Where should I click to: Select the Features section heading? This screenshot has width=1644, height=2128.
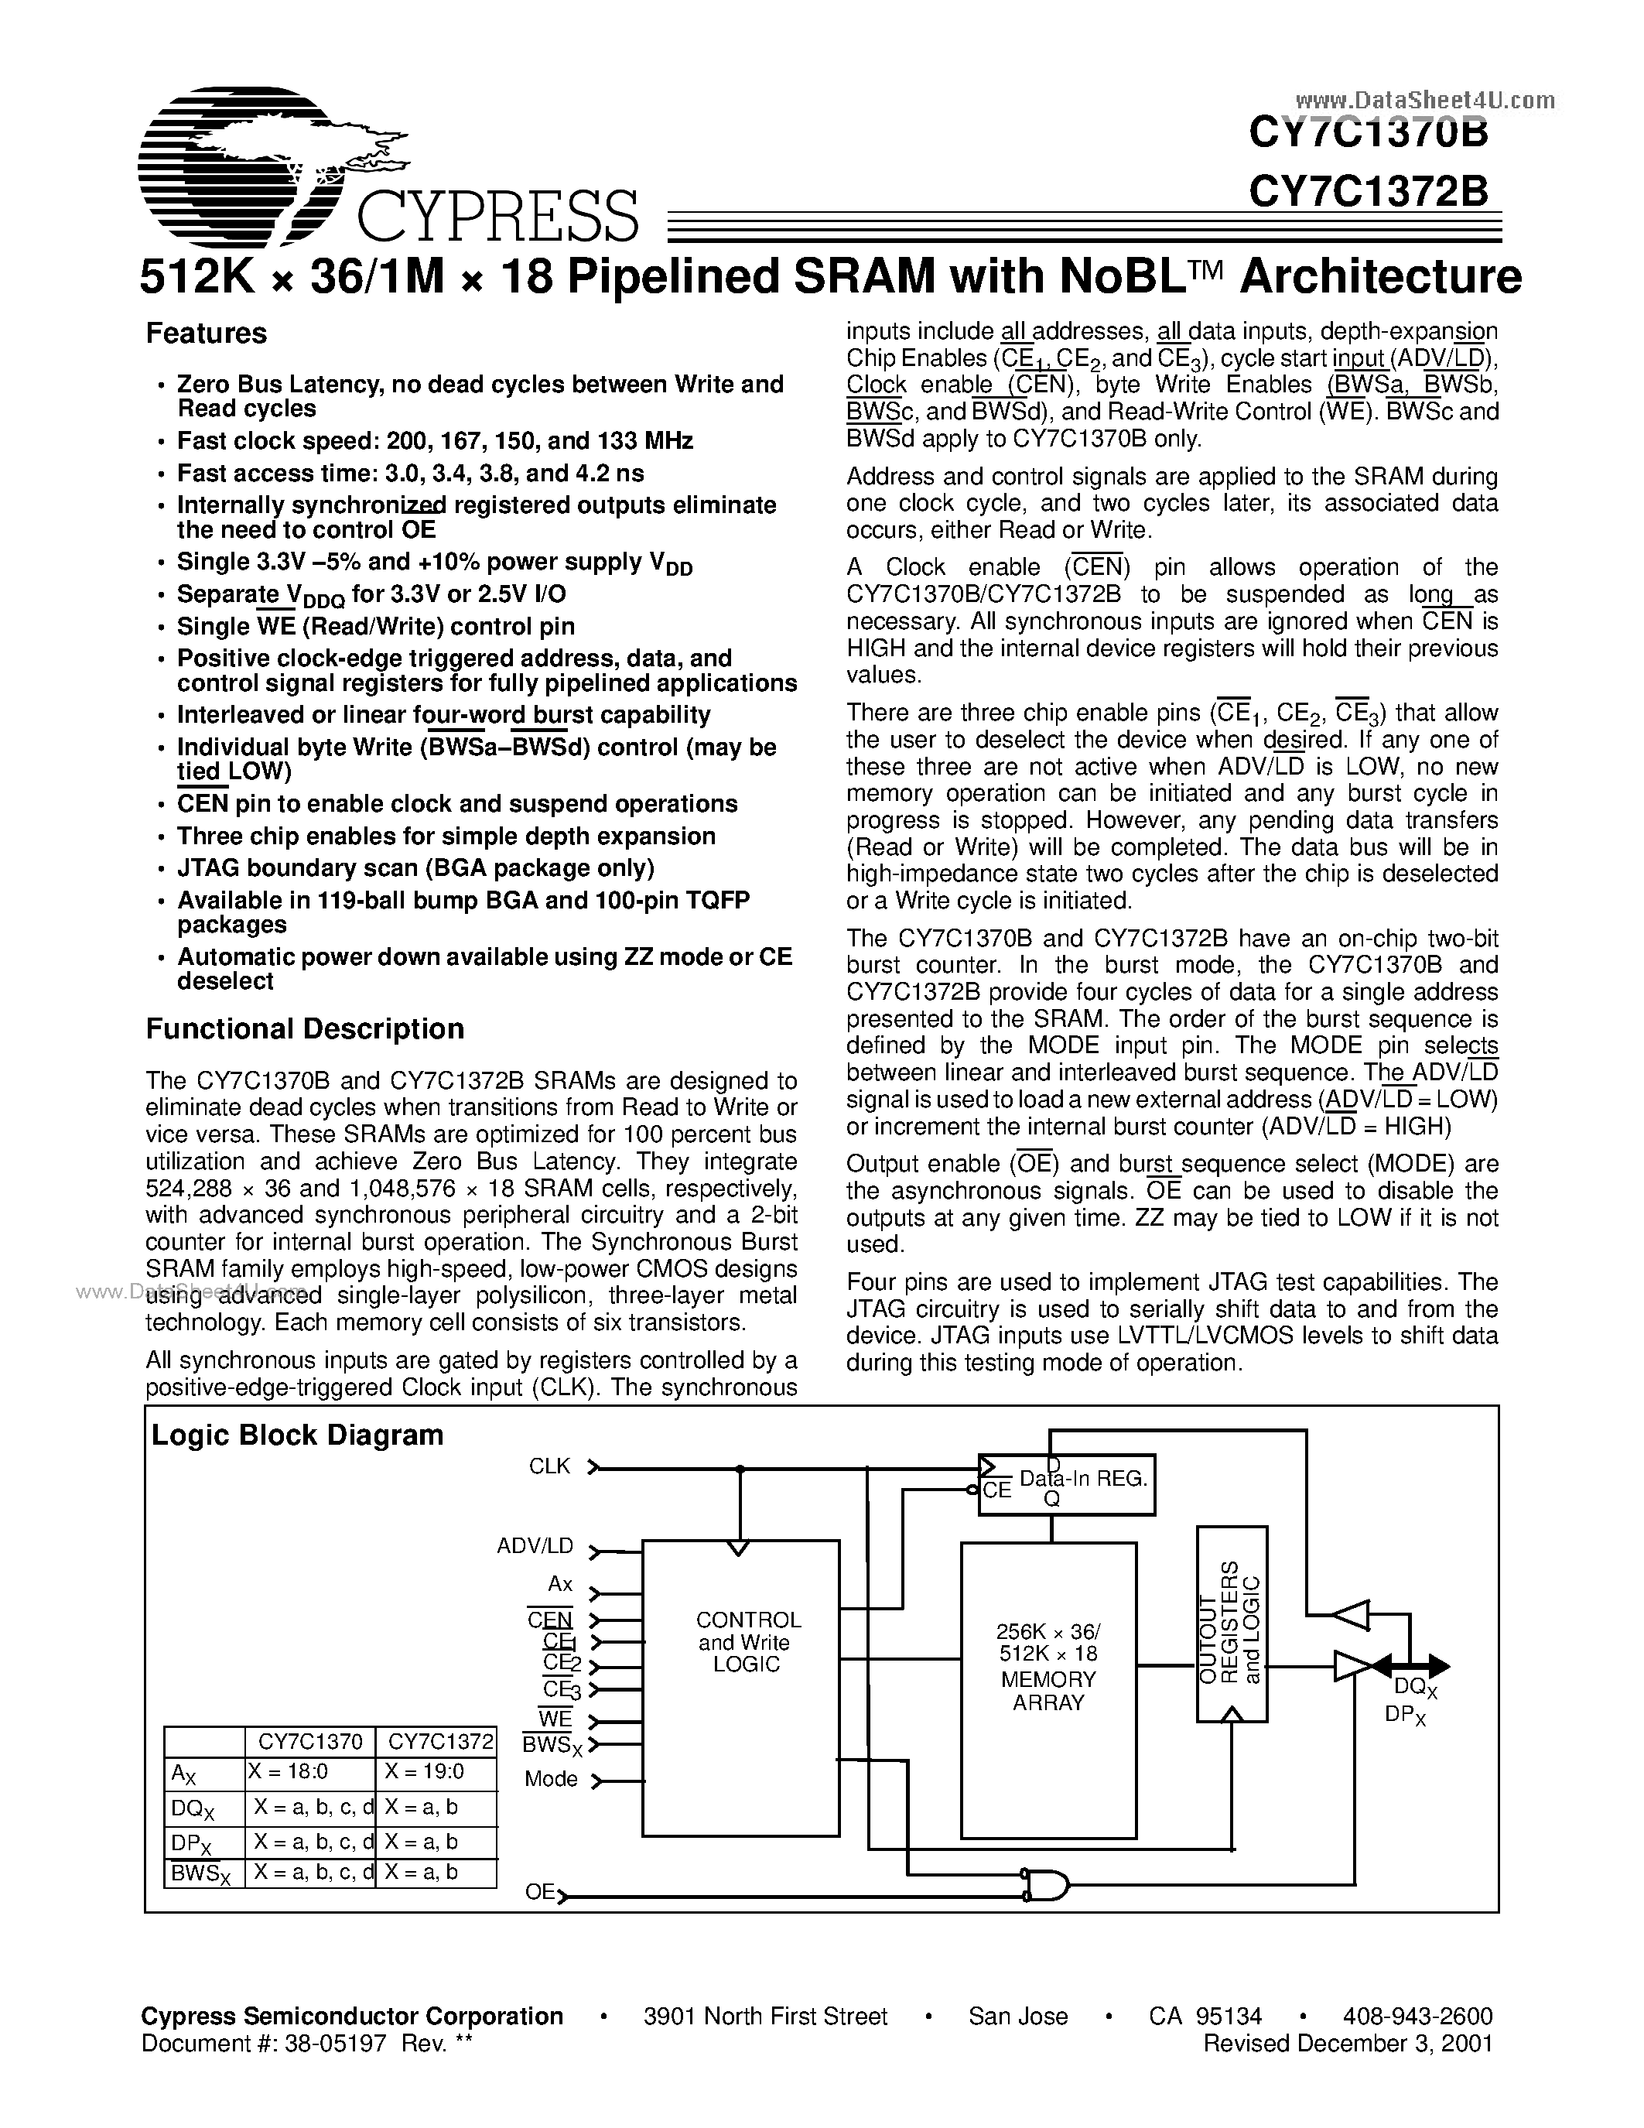[x=206, y=334]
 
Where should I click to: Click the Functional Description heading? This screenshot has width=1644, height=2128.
[x=304, y=1029]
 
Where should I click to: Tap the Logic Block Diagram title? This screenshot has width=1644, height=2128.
[x=297, y=1435]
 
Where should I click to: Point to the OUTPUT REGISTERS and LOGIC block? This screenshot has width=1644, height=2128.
[x=1231, y=1623]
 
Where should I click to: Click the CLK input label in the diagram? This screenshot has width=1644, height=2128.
[x=549, y=1466]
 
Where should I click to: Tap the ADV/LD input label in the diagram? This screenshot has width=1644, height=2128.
[x=535, y=1546]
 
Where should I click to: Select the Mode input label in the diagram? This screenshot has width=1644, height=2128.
[x=552, y=1779]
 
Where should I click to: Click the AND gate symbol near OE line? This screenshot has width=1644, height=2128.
[x=1045, y=1884]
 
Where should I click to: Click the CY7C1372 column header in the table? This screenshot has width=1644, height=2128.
[x=436, y=1741]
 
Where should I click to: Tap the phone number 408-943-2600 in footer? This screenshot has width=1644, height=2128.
[x=1417, y=2016]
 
